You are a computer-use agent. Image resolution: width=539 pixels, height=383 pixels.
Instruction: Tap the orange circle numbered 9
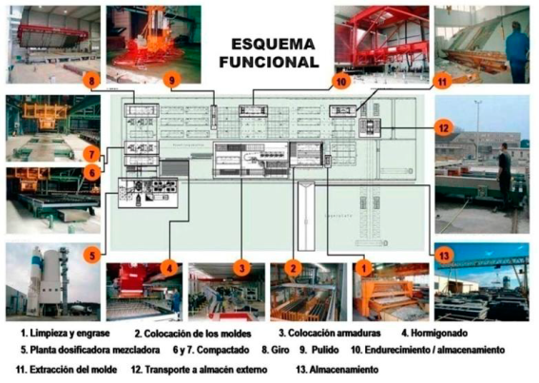[172, 81]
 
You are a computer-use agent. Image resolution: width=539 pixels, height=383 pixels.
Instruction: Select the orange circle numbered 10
[340, 82]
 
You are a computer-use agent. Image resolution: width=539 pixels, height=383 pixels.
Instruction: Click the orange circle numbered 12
[443, 126]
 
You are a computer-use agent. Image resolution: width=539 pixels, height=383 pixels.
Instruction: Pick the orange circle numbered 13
[443, 256]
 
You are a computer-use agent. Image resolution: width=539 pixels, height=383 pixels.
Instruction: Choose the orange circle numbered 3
[243, 269]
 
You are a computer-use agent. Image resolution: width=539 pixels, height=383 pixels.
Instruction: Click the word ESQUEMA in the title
[268, 44]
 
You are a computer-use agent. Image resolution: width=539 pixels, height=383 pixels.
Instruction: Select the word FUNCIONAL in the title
[268, 62]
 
